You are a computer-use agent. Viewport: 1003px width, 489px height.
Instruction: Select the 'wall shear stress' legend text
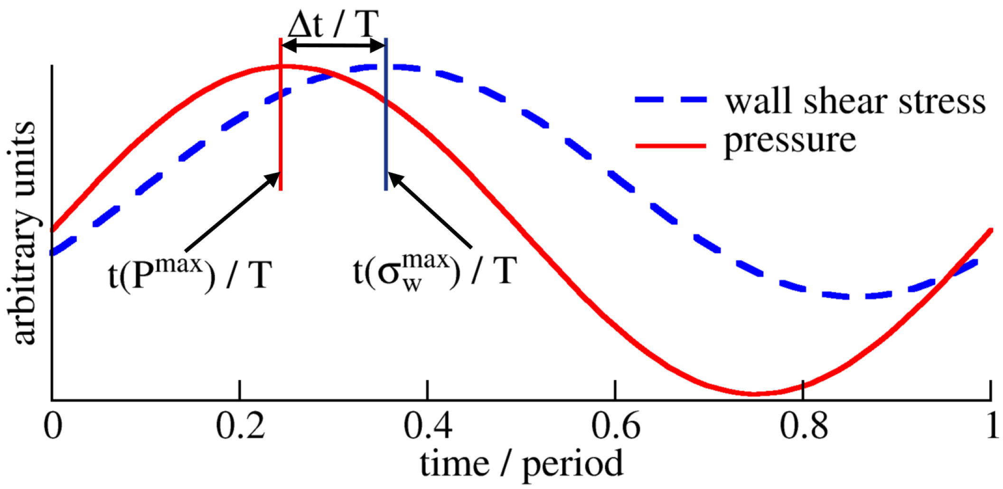coord(855,102)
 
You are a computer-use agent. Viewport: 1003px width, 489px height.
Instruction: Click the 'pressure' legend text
coord(789,141)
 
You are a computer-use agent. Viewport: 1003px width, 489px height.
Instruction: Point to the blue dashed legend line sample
coord(671,100)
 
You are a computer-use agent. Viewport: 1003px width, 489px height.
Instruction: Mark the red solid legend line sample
coord(671,145)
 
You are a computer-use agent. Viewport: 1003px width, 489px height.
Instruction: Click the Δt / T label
coord(333,24)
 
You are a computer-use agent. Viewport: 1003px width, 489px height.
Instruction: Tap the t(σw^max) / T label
coord(435,273)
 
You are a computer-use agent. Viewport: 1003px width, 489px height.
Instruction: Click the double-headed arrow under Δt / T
coord(333,46)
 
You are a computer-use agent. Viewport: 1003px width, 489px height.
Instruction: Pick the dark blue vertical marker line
coord(386,142)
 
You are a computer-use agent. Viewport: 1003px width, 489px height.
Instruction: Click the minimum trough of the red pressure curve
coord(755,394)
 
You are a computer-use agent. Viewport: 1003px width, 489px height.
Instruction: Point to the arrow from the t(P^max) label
coord(233,211)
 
